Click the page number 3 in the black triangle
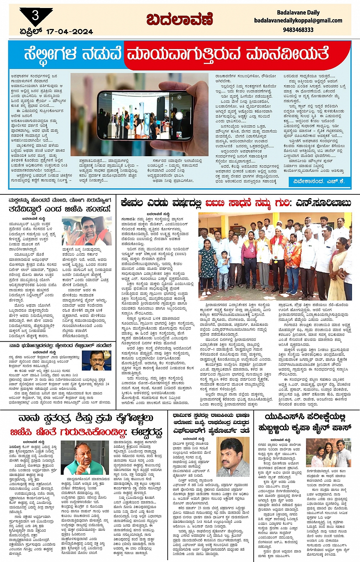pyautogui.click(x=35, y=15)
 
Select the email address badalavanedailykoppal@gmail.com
pyautogui.click(x=298, y=21)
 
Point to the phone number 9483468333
pyautogui.click(x=298, y=30)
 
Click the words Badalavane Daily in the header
pyautogui.click(x=298, y=13)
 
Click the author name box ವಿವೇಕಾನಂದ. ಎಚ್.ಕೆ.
pyautogui.click(x=319, y=181)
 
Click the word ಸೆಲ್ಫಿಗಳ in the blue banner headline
pyautogui.click(x=51, y=54)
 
